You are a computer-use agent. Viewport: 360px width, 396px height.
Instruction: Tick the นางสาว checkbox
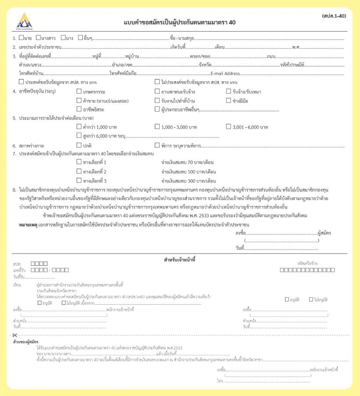point(39,38)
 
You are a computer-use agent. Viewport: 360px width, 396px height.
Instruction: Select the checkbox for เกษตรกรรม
point(79,91)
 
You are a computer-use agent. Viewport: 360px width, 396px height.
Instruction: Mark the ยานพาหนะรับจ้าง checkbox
point(157,91)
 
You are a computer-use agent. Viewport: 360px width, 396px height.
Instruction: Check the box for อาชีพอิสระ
point(79,109)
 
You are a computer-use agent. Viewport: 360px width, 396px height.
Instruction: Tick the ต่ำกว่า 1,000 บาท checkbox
point(79,127)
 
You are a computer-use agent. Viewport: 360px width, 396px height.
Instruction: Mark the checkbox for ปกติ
point(79,145)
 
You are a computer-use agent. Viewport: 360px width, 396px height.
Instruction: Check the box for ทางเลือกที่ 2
point(79,172)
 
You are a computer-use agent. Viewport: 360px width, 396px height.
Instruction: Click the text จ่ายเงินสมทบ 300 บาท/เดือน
point(189,181)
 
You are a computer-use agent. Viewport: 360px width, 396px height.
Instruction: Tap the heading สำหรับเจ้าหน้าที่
point(180,259)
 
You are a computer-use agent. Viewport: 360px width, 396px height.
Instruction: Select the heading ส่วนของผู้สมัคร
point(26,342)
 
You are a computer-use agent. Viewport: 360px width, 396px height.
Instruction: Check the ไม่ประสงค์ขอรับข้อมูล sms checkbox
point(157,82)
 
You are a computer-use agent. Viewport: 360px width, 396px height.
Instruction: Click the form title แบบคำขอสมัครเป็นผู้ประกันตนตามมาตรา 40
point(180,22)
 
